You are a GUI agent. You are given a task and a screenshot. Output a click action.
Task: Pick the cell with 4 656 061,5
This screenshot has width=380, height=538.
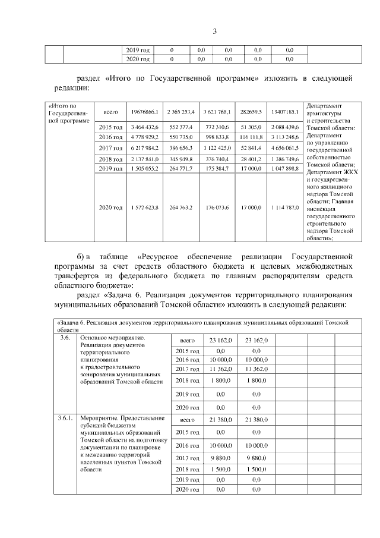tap(284, 148)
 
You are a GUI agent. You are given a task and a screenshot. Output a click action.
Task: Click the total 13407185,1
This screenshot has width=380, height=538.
tap(284, 111)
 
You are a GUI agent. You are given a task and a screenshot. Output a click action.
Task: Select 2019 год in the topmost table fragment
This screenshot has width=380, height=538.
tap(137, 51)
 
